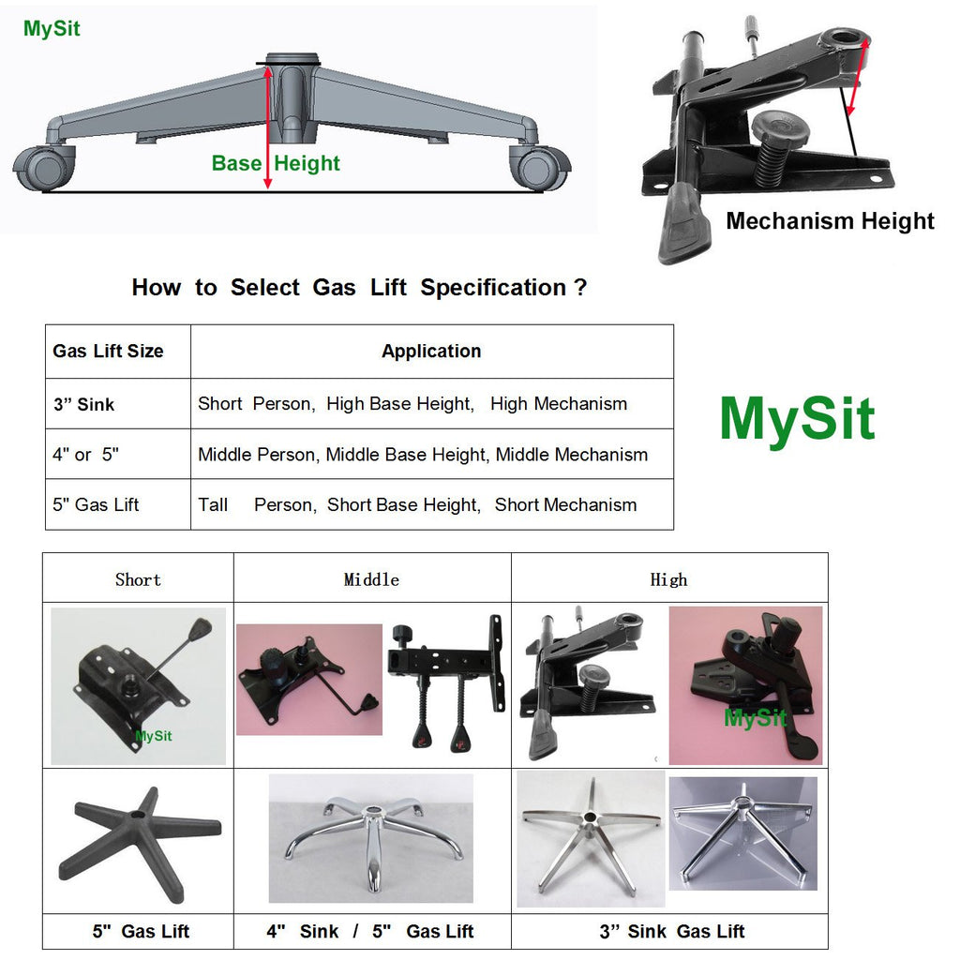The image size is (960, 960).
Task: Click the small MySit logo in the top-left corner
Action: pos(52,29)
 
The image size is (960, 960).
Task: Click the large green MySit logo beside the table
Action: pos(797,419)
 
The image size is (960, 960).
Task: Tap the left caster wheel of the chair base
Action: pos(42,168)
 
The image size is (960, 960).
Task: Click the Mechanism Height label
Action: pos(830,221)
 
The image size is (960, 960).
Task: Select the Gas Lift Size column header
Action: pos(108,352)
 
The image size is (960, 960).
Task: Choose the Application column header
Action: pos(431,352)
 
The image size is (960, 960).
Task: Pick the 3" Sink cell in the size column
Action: pos(83,405)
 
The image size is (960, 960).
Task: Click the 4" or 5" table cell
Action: pos(85,455)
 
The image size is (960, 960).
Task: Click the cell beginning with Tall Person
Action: pos(417,504)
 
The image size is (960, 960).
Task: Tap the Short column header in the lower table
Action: pos(138,579)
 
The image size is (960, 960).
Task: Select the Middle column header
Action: pos(371,579)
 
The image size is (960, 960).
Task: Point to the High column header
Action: pos(668,579)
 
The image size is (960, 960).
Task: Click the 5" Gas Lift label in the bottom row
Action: pos(141,931)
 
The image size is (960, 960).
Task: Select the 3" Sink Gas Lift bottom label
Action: pos(672,931)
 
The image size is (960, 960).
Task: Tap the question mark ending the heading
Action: pos(580,287)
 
